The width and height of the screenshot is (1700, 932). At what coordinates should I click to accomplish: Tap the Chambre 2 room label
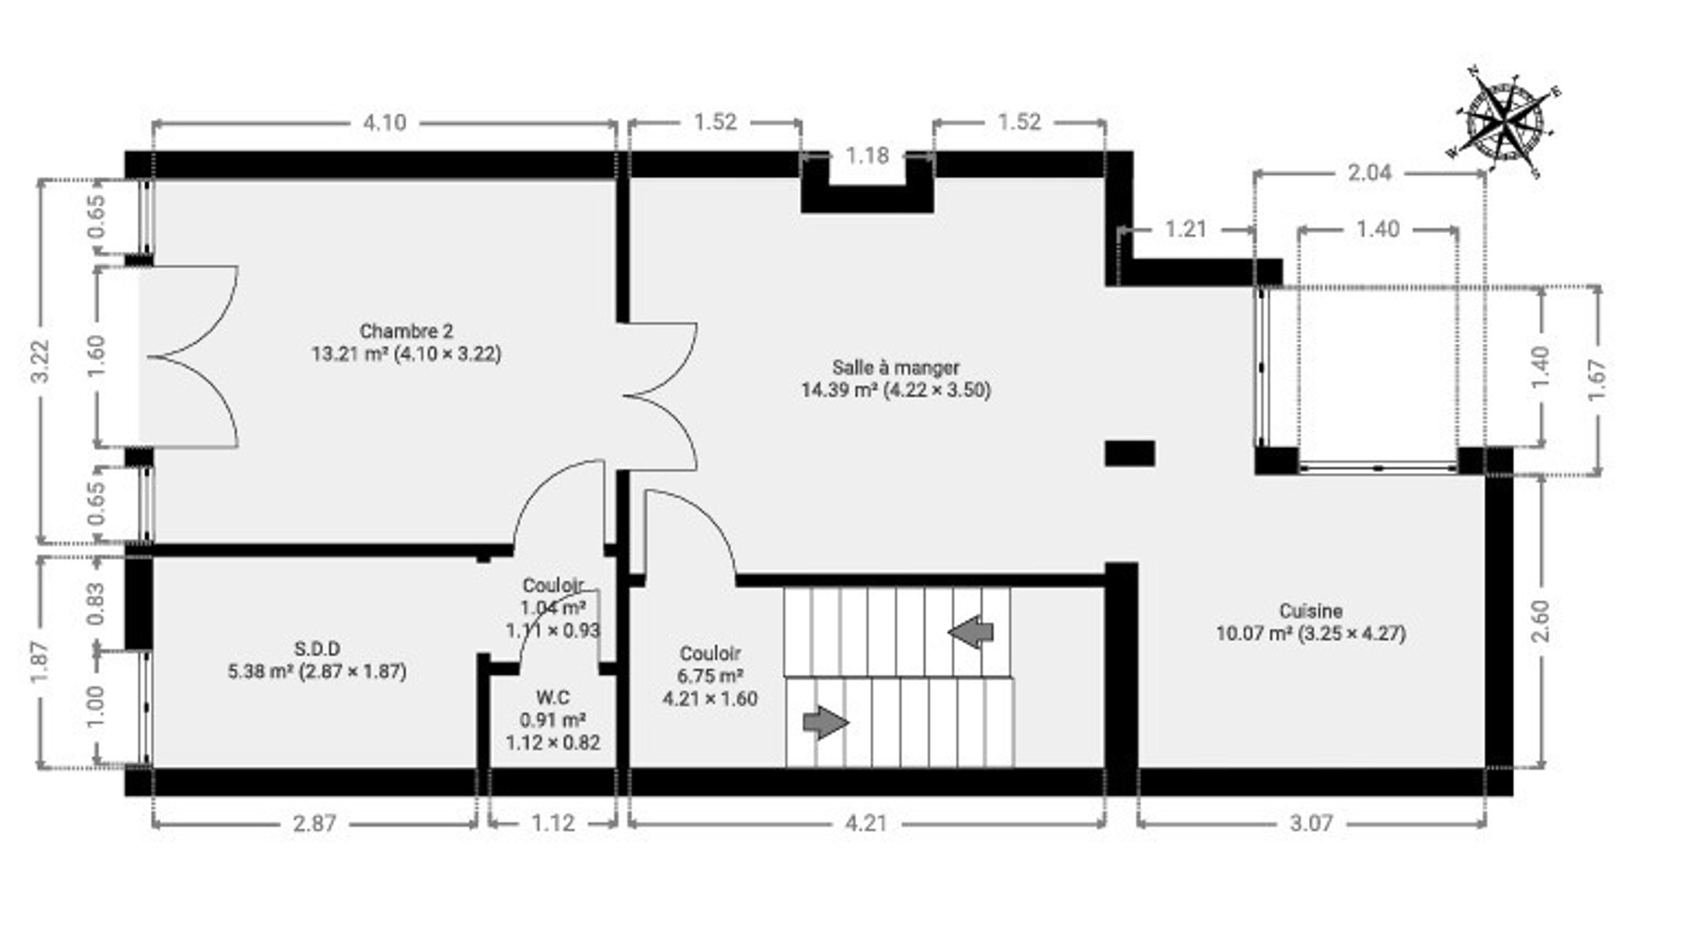click(406, 332)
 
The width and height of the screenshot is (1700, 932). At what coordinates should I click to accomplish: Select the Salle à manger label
click(896, 367)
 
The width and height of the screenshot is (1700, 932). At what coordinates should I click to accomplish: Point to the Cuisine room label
click(1311, 611)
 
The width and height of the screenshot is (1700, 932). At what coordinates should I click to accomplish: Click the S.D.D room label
click(317, 649)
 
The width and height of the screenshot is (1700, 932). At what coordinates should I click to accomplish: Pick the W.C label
click(552, 697)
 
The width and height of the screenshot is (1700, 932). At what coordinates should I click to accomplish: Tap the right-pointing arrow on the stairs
click(825, 722)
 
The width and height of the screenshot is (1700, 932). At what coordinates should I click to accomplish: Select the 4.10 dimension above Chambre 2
click(385, 123)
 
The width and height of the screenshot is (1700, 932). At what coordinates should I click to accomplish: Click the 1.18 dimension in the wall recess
click(867, 155)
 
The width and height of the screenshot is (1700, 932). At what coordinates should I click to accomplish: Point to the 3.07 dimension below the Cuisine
click(1312, 822)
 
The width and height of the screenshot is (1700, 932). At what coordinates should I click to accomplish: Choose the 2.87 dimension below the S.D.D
click(315, 822)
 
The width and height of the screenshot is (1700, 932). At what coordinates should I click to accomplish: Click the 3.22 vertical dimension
click(40, 361)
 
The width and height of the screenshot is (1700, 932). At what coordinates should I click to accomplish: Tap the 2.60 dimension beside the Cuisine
click(1540, 621)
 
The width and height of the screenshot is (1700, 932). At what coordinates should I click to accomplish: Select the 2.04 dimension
click(1370, 172)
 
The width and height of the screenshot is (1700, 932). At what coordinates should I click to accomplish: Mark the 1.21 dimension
click(1186, 229)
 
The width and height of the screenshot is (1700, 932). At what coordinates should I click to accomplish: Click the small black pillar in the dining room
click(1130, 454)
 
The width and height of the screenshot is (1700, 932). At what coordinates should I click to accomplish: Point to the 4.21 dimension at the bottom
click(866, 822)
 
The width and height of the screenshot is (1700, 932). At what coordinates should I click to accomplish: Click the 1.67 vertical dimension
click(1597, 380)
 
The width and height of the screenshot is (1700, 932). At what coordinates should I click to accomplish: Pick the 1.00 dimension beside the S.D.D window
click(95, 707)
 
